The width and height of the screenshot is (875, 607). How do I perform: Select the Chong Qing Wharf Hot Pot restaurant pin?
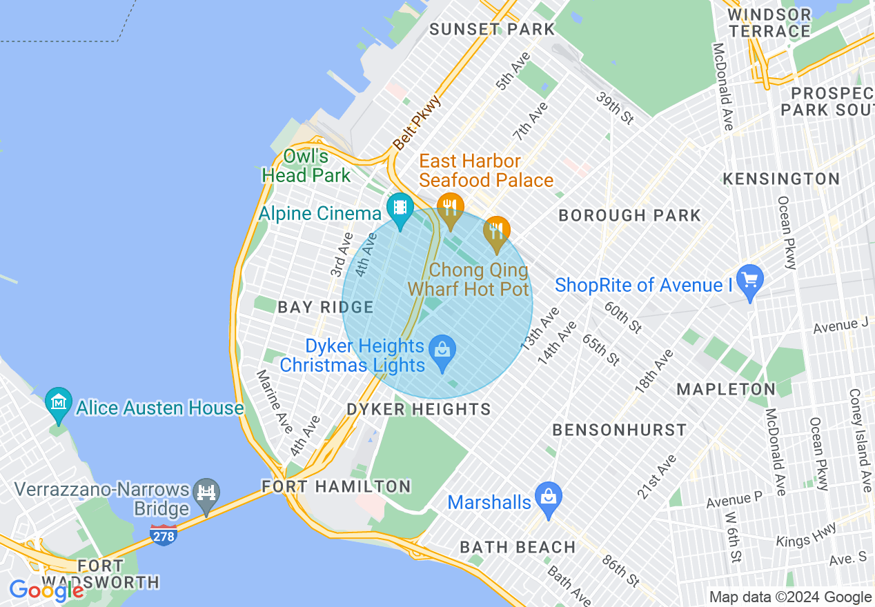pyautogui.click(x=496, y=230)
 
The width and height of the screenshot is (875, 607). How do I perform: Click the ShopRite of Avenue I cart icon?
pyautogui.click(x=750, y=280)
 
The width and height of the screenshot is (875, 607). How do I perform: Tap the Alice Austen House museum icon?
pyautogui.click(x=59, y=402)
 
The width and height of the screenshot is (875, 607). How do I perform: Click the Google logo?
pyautogui.click(x=46, y=590)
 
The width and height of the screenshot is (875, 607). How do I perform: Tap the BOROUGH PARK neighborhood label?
pyautogui.click(x=629, y=216)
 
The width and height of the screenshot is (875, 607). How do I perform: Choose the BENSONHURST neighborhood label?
pyautogui.click(x=620, y=430)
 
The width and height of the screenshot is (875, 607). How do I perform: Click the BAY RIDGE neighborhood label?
pyautogui.click(x=326, y=308)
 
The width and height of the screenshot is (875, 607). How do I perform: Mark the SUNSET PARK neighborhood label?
pyautogui.click(x=492, y=29)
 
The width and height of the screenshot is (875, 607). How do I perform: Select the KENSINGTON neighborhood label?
pyautogui.click(x=781, y=179)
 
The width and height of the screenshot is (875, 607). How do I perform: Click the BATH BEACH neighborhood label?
pyautogui.click(x=518, y=548)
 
